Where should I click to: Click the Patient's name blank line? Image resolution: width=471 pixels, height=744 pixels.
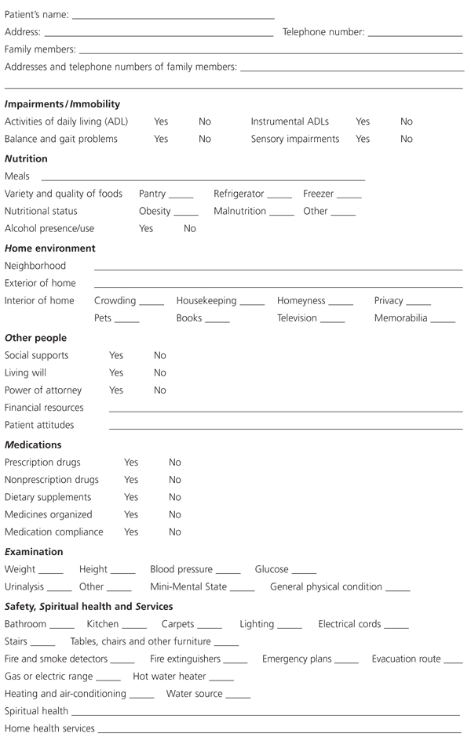point(173,16)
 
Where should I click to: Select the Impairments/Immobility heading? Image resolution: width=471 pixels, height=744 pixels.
point(62,103)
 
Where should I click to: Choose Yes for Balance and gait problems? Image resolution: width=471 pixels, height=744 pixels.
point(161,139)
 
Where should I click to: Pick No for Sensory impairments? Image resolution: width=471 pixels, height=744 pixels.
point(406,139)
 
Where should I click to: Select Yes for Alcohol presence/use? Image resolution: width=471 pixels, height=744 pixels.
point(146,228)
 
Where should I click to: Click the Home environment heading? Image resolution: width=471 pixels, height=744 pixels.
point(50,248)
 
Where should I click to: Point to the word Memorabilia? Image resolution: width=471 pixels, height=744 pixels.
point(400,318)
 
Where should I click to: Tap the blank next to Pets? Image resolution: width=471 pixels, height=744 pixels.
point(126,320)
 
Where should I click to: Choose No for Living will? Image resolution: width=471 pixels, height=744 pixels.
point(160,372)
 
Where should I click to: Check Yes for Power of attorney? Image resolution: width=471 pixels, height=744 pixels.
point(116,390)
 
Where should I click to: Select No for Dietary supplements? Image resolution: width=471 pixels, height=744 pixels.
point(175,497)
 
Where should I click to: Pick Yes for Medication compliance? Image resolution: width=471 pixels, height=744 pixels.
point(131,532)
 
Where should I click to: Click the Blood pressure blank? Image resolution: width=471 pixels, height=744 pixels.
point(228,572)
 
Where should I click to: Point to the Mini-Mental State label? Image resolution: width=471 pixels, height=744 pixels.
point(188,586)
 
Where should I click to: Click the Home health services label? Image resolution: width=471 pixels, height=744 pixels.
point(49,728)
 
